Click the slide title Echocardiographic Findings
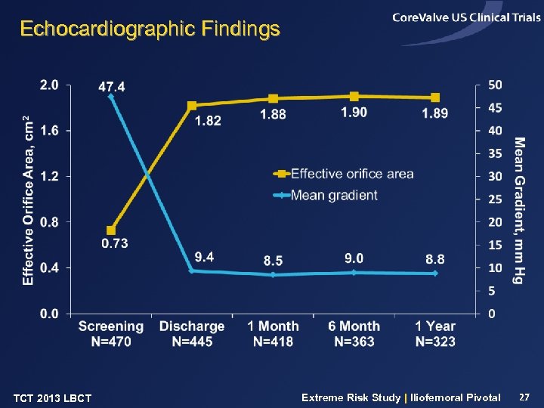point(150,29)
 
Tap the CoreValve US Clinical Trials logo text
point(466,18)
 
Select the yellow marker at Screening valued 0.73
point(111,230)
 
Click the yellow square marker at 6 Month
point(354,96)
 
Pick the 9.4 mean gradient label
point(204,257)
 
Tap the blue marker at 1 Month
point(274,275)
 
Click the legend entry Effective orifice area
point(351,174)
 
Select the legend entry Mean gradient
point(333,195)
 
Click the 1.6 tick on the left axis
point(49,131)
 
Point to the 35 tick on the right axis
point(495,153)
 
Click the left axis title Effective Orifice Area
point(28,199)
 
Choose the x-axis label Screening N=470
point(110,334)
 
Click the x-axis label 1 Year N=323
point(435,334)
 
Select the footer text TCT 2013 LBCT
point(53,398)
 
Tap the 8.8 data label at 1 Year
point(435,259)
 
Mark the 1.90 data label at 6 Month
point(354,112)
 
